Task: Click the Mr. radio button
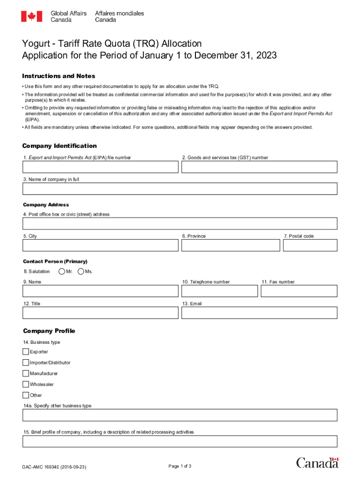pyautogui.click(x=62, y=271)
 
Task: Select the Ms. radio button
pyautogui.click(x=81, y=271)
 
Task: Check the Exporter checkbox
pyautogui.click(x=26, y=352)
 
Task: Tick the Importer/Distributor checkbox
pyautogui.click(x=26, y=363)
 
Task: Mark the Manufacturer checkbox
pyautogui.click(x=26, y=373)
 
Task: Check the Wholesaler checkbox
pyautogui.click(x=26, y=384)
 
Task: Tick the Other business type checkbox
pyautogui.click(x=26, y=395)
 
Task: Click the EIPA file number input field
pyautogui.click(x=101, y=167)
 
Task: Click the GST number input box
pyautogui.click(x=259, y=167)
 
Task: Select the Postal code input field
pyautogui.click(x=310, y=246)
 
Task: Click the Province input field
pyautogui.click(x=230, y=246)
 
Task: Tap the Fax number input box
pyautogui.click(x=299, y=291)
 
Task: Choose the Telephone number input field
pyautogui.click(x=219, y=291)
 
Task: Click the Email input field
pyautogui.click(x=259, y=312)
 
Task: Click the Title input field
pyautogui.click(x=101, y=312)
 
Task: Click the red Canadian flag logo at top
pyautogui.click(x=31, y=16)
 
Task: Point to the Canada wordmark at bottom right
pyautogui.click(x=317, y=463)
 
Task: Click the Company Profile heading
pyautogui.click(x=49, y=331)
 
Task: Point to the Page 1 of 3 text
pyautogui.click(x=180, y=466)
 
